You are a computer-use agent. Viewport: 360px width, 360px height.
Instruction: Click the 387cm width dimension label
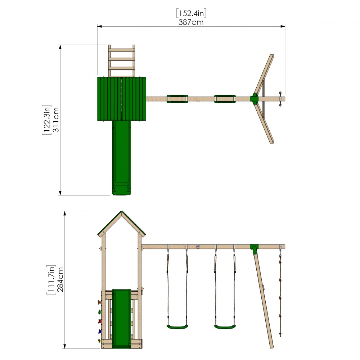point(191,22)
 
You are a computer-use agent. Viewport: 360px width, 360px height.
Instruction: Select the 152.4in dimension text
point(191,13)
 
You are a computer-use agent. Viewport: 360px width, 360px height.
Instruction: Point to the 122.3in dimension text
point(46,120)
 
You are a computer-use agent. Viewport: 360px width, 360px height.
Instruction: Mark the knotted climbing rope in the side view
point(280,288)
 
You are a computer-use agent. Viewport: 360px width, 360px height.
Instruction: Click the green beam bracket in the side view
point(255,248)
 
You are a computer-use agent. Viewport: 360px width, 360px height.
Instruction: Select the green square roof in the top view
point(122,98)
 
